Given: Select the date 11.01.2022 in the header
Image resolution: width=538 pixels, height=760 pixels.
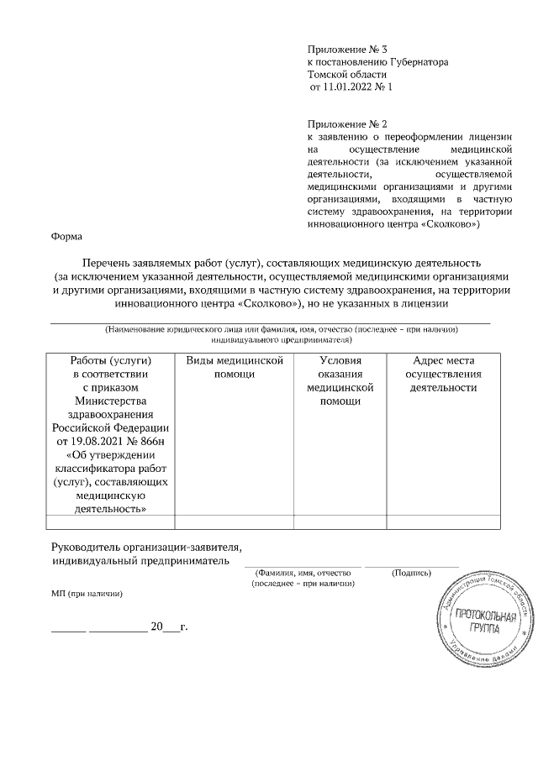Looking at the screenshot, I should click(x=347, y=86).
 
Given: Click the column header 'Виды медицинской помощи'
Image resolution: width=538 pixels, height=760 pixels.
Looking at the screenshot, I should click(x=234, y=367).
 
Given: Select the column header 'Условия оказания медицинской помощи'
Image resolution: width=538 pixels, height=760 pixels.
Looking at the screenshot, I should click(x=340, y=380).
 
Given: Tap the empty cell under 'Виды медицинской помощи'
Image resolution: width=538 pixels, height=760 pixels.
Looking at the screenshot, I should click(x=234, y=522).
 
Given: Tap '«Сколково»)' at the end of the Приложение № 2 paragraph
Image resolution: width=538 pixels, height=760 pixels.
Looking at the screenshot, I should click(x=452, y=225).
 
